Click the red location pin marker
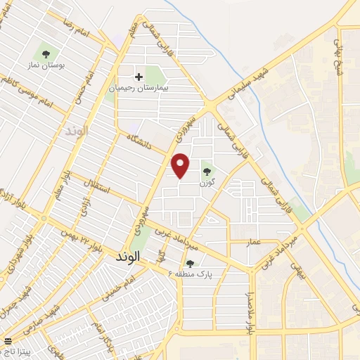pyautogui.click(x=181, y=165)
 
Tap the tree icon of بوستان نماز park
pyautogui.click(x=46, y=53)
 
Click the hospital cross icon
pyautogui.click(x=139, y=77)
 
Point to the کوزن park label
pyautogui.click(x=206, y=182)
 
